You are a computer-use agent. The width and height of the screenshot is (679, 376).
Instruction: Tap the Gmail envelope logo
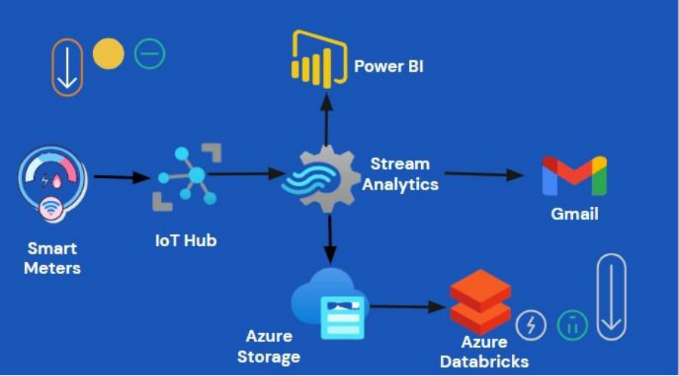[574, 175]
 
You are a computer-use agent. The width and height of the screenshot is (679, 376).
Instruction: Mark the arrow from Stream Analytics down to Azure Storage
[329, 238]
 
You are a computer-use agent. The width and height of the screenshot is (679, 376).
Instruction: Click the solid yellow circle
[108, 54]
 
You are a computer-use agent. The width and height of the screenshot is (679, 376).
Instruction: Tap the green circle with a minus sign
[150, 54]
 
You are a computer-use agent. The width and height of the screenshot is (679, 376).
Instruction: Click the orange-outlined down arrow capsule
[67, 67]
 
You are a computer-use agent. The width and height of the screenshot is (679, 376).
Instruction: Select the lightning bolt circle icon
[531, 325]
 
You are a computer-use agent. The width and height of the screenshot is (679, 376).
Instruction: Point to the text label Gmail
[574, 214]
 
